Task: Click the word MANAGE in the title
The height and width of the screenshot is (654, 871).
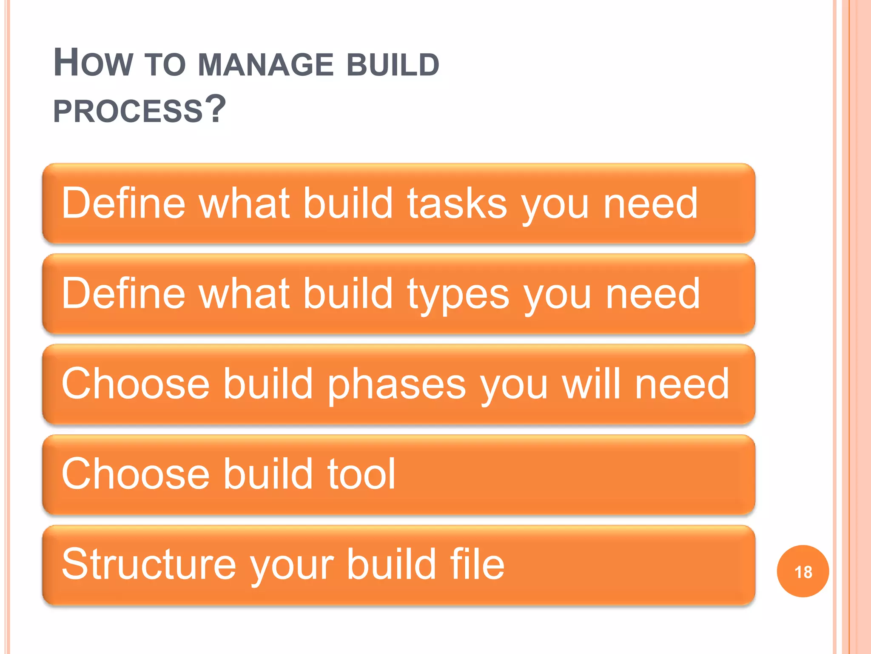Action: pyautogui.click(x=266, y=65)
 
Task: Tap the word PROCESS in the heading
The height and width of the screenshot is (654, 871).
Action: pyautogui.click(x=128, y=111)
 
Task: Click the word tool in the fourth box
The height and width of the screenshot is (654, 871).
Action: pyautogui.click(x=361, y=473)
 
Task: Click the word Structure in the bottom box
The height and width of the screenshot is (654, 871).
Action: pyautogui.click(x=148, y=564)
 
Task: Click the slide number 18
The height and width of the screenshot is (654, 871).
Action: pyautogui.click(x=803, y=572)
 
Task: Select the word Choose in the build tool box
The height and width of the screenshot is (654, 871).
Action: pyautogui.click(x=135, y=473)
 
